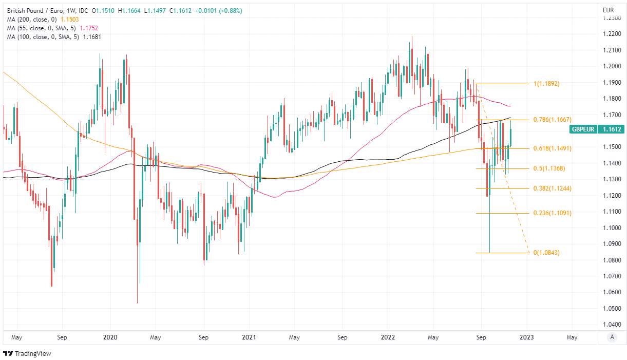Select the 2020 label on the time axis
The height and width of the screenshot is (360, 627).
pos(110,338)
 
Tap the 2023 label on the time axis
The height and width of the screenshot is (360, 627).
pos(527,338)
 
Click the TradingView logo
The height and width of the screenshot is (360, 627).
pos(28,353)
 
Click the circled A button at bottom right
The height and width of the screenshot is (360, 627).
pos(611,337)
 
